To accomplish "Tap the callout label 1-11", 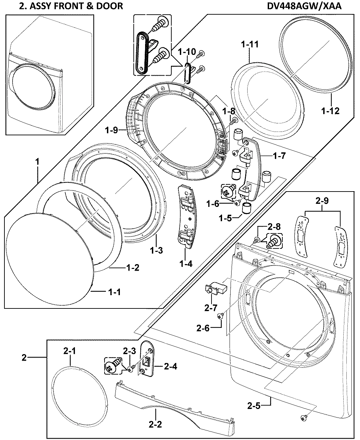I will coord(249,44).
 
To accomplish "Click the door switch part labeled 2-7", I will coord(214,288).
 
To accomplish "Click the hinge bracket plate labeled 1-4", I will coord(187,215).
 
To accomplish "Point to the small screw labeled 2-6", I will coord(220,317).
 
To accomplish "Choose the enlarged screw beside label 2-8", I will coord(275,241).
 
